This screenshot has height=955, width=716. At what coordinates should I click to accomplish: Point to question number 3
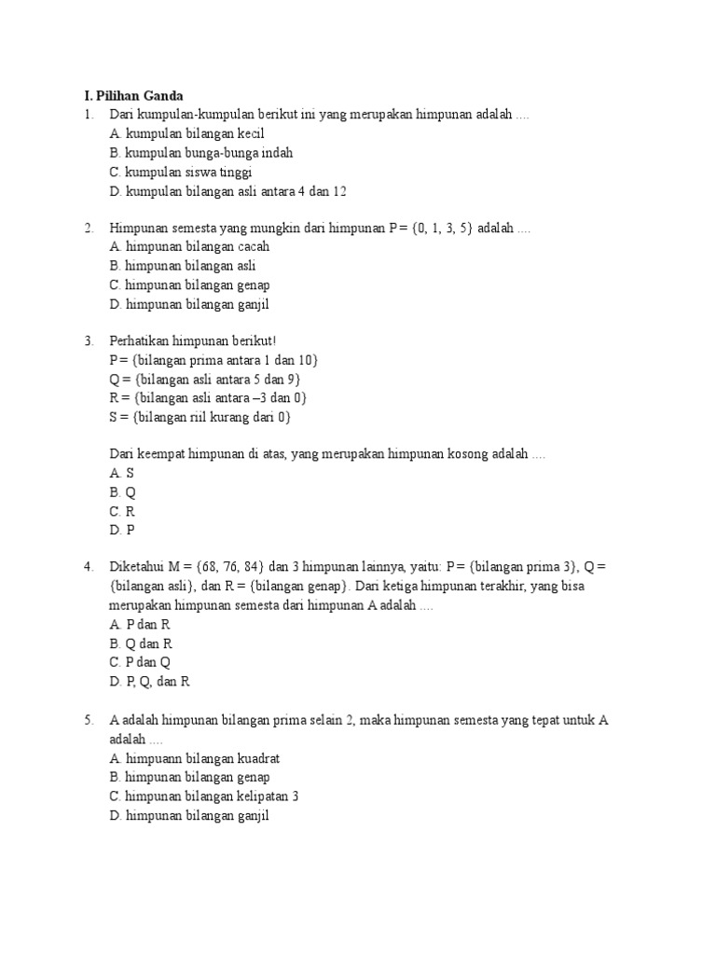(88, 341)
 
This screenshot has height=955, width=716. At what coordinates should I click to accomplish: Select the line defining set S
(200, 417)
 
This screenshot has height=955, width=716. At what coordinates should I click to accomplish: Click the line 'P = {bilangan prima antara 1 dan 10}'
(220, 360)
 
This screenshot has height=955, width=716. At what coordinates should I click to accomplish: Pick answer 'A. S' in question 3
(122, 474)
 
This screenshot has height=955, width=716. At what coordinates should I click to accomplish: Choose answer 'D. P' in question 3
(122, 530)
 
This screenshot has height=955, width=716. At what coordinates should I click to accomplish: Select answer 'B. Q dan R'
(141, 644)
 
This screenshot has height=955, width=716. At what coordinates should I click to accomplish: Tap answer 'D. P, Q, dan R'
(149, 682)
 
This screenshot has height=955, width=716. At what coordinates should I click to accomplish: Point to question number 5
(88, 720)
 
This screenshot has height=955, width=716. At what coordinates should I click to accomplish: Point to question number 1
(88, 115)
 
